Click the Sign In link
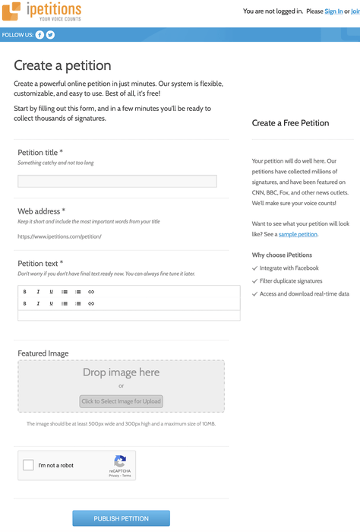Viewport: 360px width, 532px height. (333, 11)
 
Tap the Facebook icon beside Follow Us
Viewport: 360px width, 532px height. (40, 35)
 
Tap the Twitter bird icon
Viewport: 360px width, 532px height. (51, 35)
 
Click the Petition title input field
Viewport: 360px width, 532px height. (117, 181)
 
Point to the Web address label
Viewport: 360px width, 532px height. (41, 211)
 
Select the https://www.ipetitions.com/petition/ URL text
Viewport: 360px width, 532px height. (59, 236)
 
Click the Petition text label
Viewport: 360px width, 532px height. (40, 263)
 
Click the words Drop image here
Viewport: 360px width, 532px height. (121, 372)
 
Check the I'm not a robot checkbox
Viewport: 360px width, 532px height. (29, 465)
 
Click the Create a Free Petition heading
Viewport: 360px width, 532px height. (290, 122)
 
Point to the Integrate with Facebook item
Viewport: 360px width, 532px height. (289, 268)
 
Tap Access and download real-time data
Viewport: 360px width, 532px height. (304, 293)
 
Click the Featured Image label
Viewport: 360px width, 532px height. (43, 353)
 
